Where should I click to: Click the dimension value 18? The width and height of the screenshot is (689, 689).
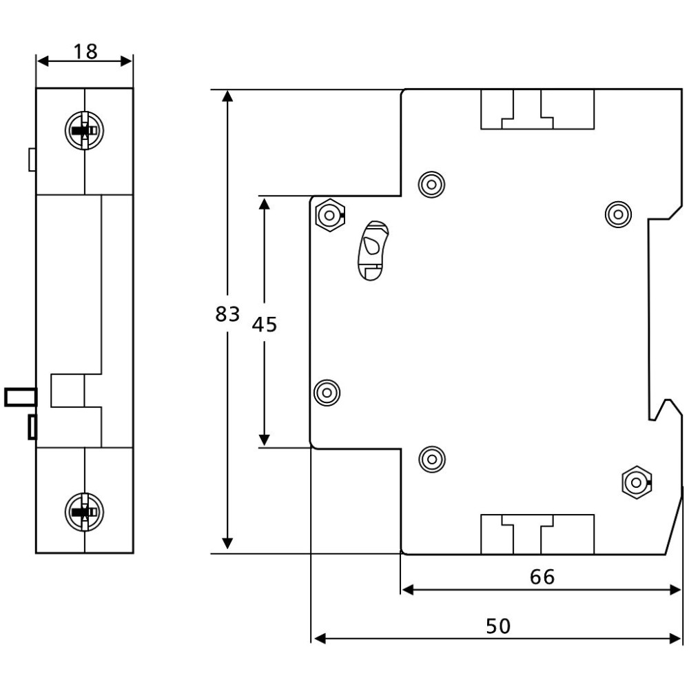[85, 52]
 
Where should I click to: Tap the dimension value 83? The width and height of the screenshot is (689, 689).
[227, 314]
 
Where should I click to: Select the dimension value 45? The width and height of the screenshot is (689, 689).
[265, 325]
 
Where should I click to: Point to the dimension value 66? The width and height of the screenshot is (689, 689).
[542, 577]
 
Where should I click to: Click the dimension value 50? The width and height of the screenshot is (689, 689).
[498, 626]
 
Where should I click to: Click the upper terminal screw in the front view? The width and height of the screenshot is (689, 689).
[84, 130]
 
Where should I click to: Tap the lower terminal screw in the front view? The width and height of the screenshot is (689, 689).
[84, 512]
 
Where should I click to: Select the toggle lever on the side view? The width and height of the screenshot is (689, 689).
[373, 251]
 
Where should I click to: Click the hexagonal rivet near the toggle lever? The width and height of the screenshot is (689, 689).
[330, 215]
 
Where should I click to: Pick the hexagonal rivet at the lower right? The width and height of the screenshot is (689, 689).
[637, 482]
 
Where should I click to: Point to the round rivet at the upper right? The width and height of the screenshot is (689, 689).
[618, 215]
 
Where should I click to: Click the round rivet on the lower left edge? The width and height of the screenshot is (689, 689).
[327, 393]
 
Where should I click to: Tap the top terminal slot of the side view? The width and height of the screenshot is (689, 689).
[537, 110]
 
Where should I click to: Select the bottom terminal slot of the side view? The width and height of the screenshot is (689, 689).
[537, 534]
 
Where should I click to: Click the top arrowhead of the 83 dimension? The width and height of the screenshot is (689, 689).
[227, 95]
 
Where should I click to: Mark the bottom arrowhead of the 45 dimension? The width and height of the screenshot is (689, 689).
[264, 440]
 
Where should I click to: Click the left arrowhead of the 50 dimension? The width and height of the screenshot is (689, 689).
[320, 639]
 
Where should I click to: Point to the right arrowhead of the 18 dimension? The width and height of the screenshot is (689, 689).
[127, 61]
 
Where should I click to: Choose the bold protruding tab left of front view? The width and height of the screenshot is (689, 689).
[21, 397]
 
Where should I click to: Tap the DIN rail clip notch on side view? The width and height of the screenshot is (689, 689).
[666, 409]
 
